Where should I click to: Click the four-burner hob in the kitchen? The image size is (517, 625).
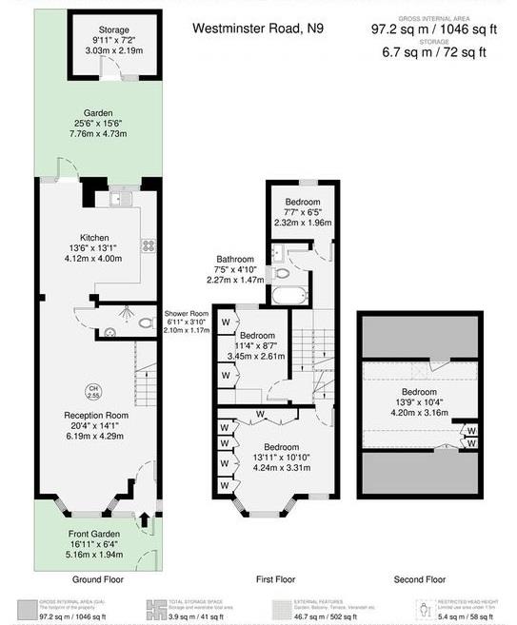[149, 244]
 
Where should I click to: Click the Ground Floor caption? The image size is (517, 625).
[97, 579]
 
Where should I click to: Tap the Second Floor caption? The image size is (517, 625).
[419, 579]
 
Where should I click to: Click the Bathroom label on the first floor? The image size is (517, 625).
[235, 259]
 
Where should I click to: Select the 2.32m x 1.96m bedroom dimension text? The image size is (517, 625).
[302, 222]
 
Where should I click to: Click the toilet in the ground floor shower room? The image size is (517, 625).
[145, 323]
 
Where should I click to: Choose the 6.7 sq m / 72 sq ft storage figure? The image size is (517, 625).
[428, 51]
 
